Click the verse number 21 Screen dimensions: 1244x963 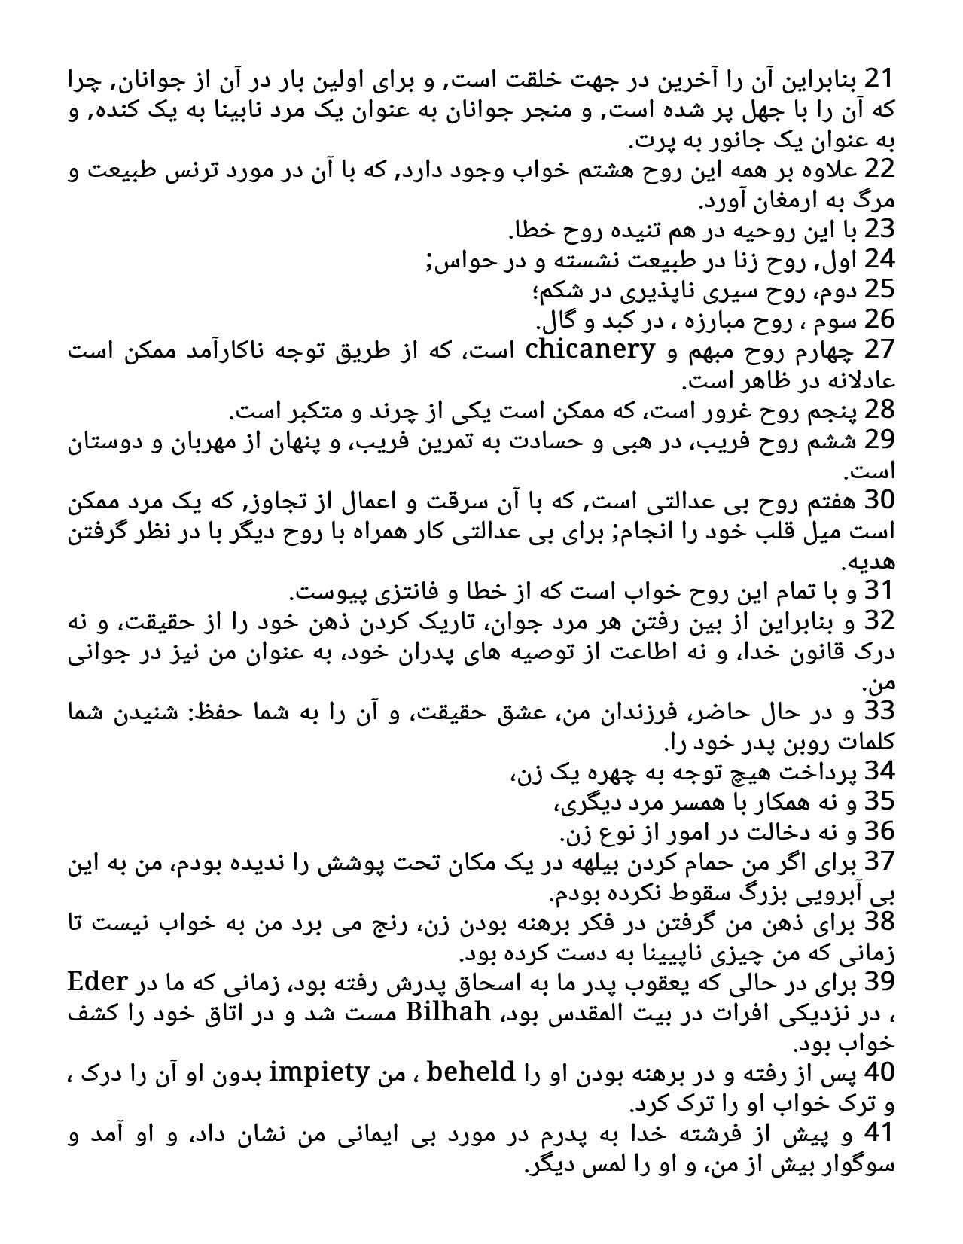point(879,78)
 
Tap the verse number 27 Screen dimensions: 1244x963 point(879,349)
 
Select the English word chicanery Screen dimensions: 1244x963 point(589,349)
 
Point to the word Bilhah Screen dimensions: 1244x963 point(449,1012)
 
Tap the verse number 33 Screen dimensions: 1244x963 point(879,711)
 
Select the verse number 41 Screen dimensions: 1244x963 point(879,1133)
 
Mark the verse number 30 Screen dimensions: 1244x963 point(879,500)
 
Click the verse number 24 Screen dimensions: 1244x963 point(879,259)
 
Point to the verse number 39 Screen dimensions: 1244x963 point(879,982)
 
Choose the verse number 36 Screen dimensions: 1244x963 point(879,831)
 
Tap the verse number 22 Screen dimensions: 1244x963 point(879,169)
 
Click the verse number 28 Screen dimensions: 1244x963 point(879,410)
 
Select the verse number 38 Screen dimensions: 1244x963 point(879,922)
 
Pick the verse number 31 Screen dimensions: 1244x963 point(879,590)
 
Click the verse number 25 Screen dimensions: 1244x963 point(879,289)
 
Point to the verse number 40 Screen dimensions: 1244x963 point(879,1072)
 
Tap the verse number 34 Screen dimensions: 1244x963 point(879,771)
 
